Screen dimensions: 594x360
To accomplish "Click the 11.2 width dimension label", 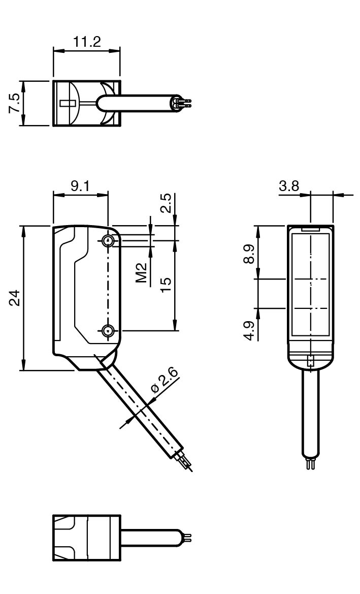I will (87, 42).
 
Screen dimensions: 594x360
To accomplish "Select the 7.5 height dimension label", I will (16, 103).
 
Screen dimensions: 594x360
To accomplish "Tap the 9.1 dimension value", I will (80, 186).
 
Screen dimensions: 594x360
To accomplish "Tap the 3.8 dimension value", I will (289, 186).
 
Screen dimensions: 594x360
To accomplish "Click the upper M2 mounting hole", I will (108, 241).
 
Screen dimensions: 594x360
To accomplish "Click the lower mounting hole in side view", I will (108, 331).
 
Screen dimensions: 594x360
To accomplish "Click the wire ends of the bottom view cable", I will (188, 537).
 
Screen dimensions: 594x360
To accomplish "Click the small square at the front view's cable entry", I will (311, 361).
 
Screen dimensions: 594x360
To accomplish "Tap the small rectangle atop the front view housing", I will (311, 230).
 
